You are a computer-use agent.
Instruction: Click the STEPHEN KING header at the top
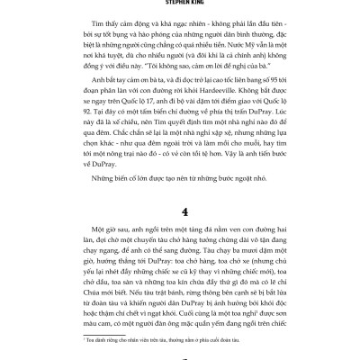point(179,3)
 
